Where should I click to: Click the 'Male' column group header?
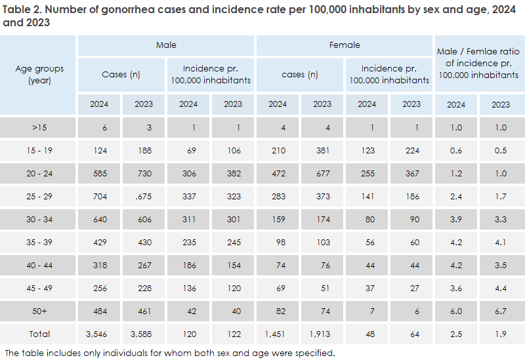pyautogui.click(x=166, y=45)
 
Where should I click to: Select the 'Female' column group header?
pyautogui.click(x=345, y=45)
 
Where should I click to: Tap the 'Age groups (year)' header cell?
pyautogui.click(x=39, y=75)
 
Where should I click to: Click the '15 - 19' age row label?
pyautogui.click(x=39, y=150)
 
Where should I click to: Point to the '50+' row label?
pyautogui.click(x=39, y=311)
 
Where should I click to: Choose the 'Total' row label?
pyautogui.click(x=39, y=334)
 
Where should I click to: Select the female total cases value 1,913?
pyautogui.click(x=322, y=334)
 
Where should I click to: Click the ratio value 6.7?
pyautogui.click(x=501, y=311)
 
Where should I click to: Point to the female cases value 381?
pyautogui.click(x=322, y=150)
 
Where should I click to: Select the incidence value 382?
pyautogui.click(x=233, y=173)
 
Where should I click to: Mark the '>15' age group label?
pyautogui.click(x=39, y=127)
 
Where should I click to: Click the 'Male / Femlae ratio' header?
pyautogui.click(x=478, y=64)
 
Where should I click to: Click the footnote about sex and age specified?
pyautogui.click(x=170, y=353)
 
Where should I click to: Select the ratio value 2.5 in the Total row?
pyautogui.click(x=456, y=334)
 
